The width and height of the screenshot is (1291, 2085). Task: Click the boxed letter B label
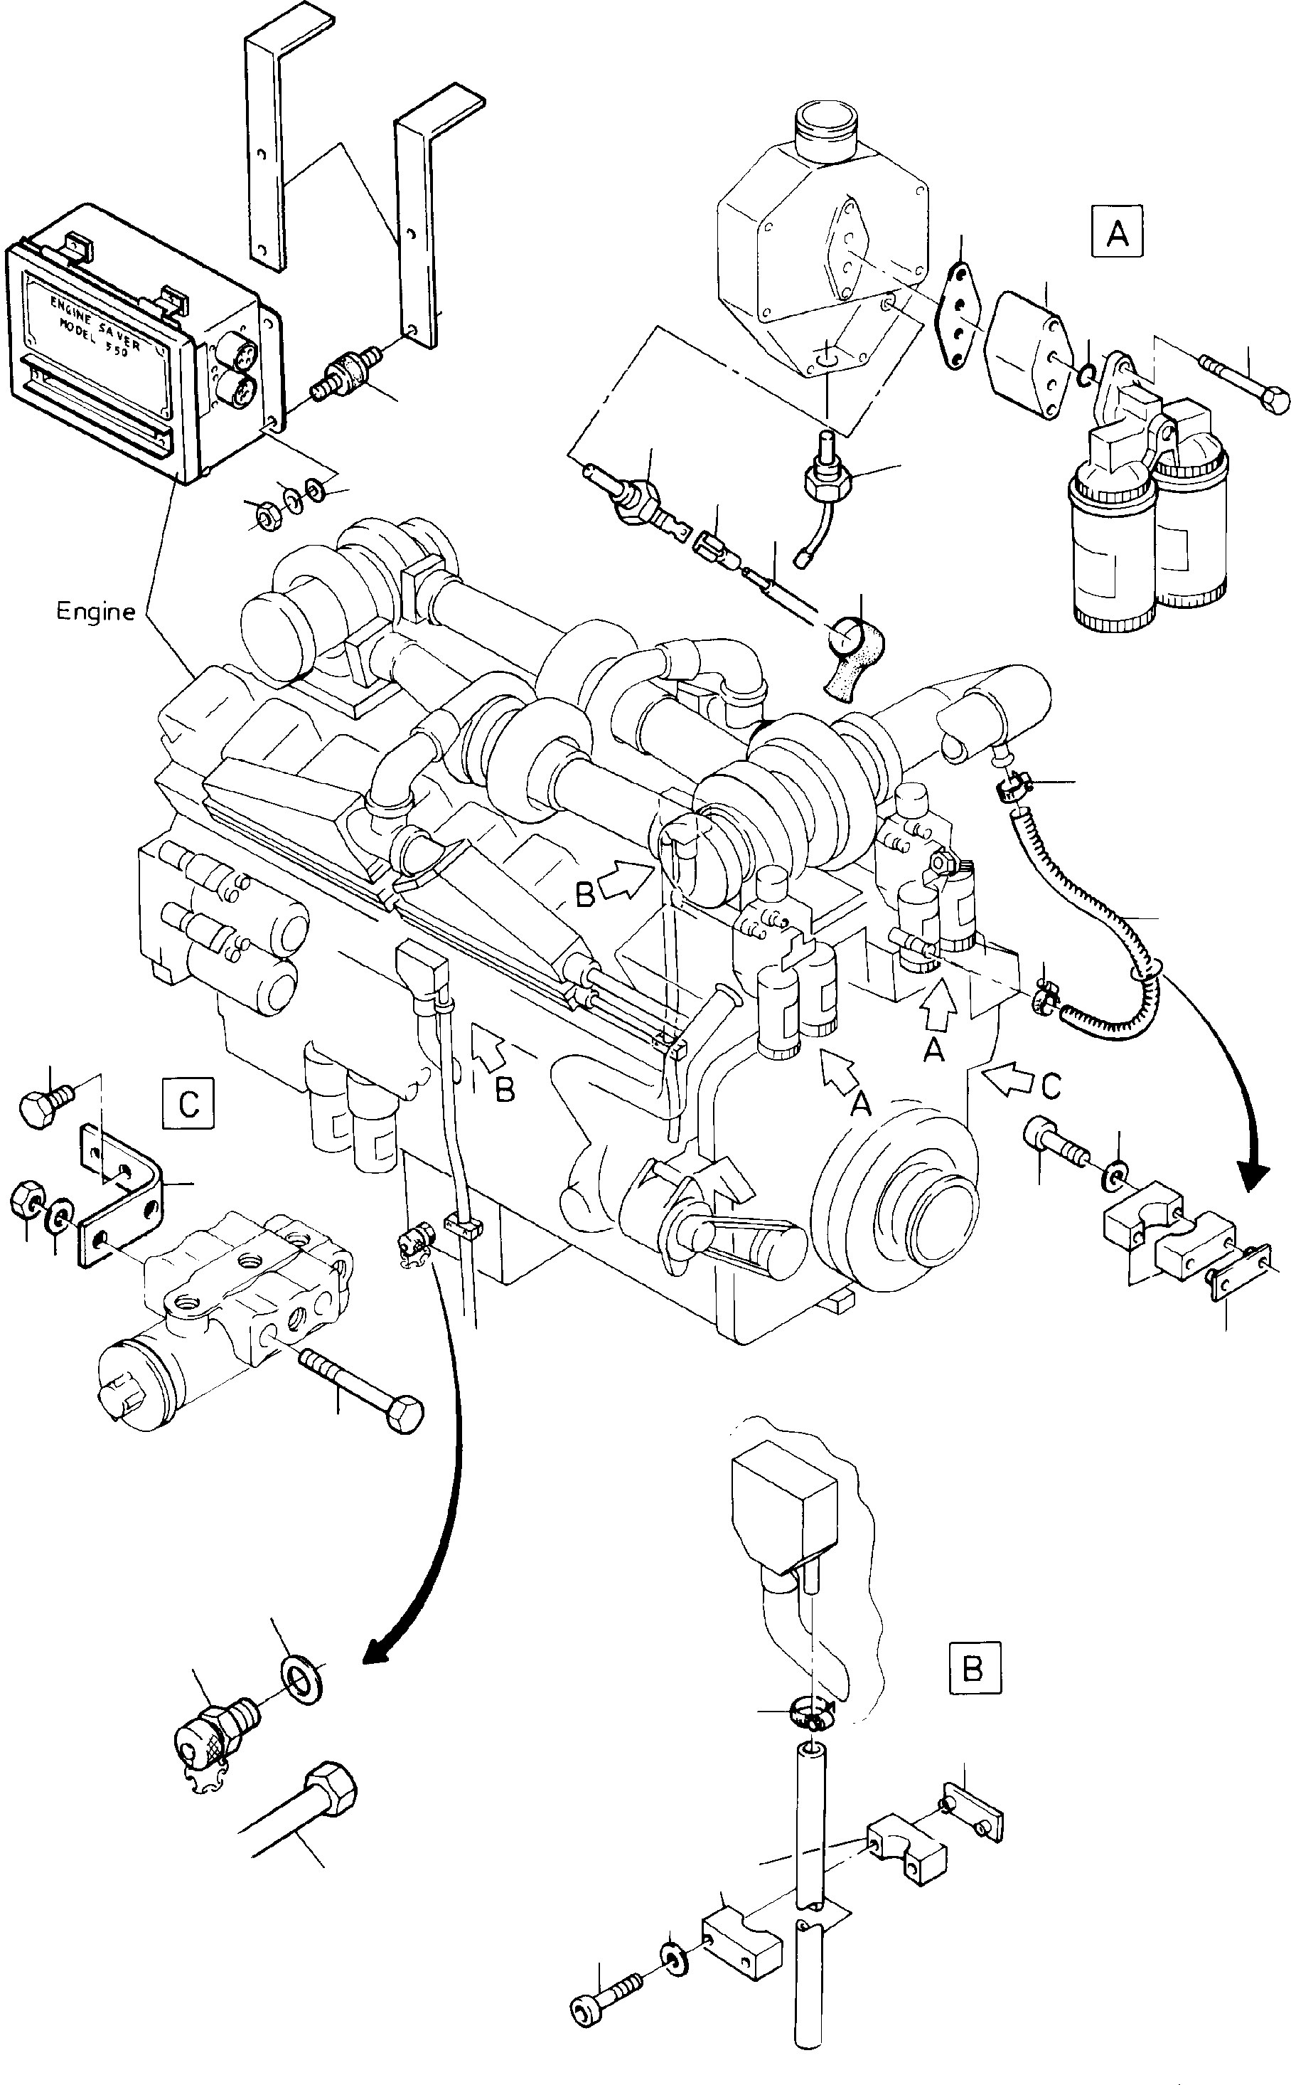pyautogui.click(x=973, y=1668)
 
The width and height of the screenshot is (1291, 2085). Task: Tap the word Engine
pyautogui.click(x=96, y=612)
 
